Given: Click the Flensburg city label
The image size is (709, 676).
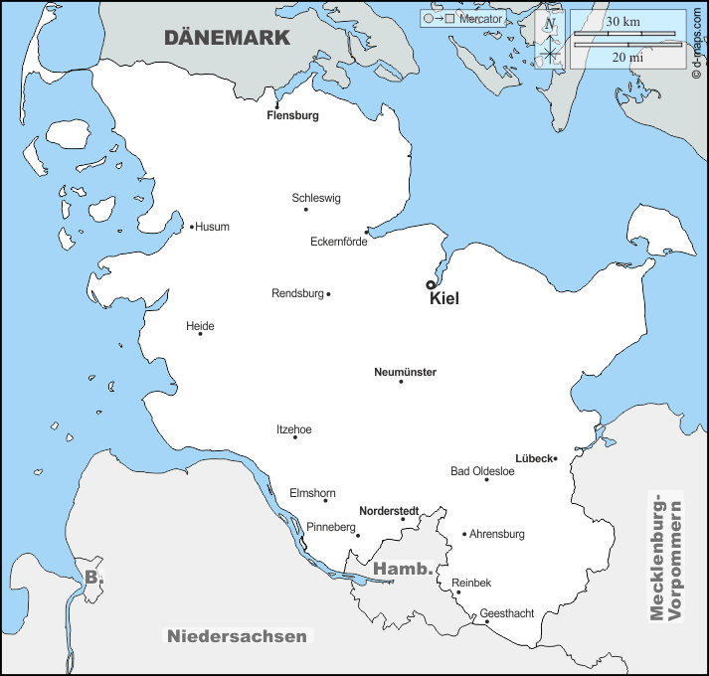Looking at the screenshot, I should [x=292, y=115].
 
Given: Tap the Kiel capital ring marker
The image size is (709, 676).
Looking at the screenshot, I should [x=431, y=284].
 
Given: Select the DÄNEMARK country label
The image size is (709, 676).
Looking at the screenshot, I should [x=227, y=38].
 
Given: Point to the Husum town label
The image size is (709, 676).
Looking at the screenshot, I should [x=212, y=227].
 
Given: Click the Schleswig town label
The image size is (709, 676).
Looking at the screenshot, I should [x=316, y=198].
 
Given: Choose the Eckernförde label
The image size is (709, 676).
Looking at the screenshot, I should [x=339, y=242].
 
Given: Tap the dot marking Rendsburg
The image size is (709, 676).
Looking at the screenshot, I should [x=328, y=294].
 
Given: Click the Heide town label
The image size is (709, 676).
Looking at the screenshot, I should [x=200, y=326].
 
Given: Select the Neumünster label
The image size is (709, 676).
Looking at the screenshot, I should [x=405, y=373].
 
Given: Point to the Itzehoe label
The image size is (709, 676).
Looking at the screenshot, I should [x=293, y=429].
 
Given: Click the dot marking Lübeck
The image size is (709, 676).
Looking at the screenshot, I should [x=556, y=459].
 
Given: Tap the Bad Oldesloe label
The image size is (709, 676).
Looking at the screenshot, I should [x=482, y=471].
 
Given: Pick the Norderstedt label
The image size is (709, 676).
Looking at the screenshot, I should [x=388, y=511].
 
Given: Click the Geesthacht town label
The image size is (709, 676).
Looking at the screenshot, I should [x=506, y=613].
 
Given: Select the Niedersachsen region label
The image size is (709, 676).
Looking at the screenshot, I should [x=239, y=636].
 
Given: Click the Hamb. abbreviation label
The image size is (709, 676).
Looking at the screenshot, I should [x=404, y=570].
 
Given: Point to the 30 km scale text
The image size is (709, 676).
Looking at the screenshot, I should [x=622, y=22].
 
